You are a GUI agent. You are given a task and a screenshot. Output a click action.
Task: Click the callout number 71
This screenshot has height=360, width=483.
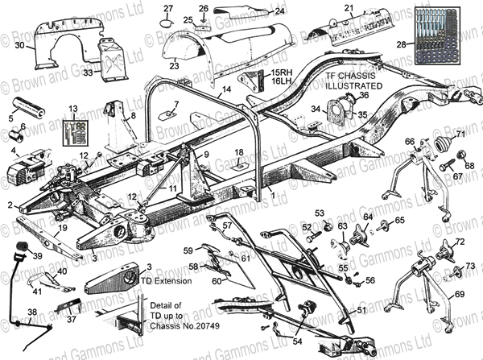pyautogui.click(x=460, y=133)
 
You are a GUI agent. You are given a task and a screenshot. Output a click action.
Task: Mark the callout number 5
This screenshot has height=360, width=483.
pyautogui.click(x=11, y=118)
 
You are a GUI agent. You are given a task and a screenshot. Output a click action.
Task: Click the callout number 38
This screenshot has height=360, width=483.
pyautogui.click(x=31, y=312)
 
